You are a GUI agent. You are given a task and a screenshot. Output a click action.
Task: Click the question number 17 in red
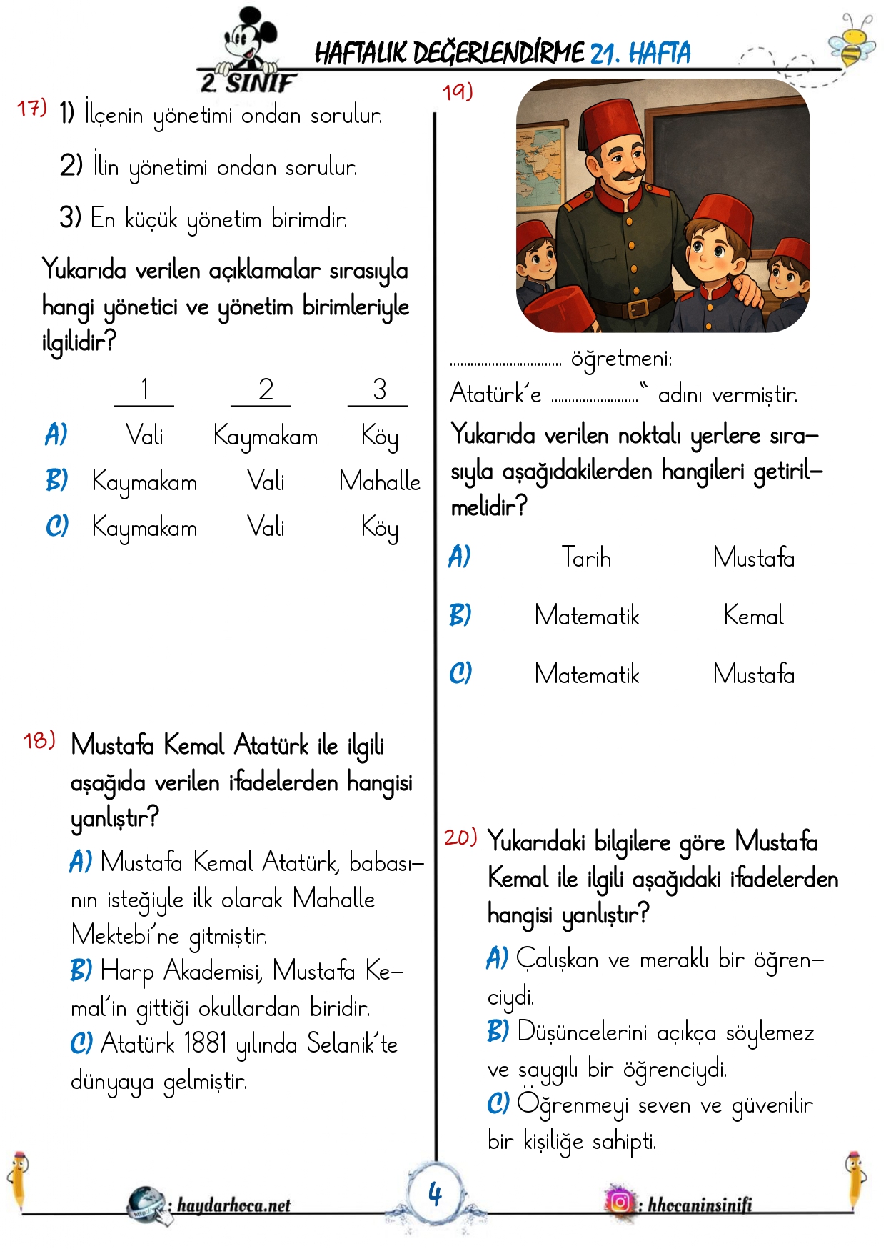(31, 109)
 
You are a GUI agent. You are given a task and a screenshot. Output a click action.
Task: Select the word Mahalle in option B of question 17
(379, 481)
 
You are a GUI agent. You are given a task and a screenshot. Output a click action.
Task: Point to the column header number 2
(266, 390)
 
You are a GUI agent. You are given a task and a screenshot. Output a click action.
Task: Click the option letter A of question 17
(56, 434)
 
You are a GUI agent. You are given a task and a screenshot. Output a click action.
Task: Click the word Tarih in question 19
(586, 557)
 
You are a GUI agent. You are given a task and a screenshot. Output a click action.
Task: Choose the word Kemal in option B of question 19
(753, 615)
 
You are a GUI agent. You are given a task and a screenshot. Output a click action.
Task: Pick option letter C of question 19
(460, 673)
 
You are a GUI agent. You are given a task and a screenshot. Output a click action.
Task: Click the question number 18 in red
(39, 740)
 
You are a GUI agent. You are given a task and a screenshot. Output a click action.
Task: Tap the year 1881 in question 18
(205, 1043)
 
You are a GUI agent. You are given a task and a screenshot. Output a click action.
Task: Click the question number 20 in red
(460, 837)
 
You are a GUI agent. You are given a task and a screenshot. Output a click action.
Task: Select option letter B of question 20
(498, 1031)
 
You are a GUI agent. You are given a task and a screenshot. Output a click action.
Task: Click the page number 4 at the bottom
(435, 1193)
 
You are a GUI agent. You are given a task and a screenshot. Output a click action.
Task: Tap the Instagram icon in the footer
(620, 1202)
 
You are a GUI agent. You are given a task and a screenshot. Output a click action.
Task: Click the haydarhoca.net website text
(233, 1205)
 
